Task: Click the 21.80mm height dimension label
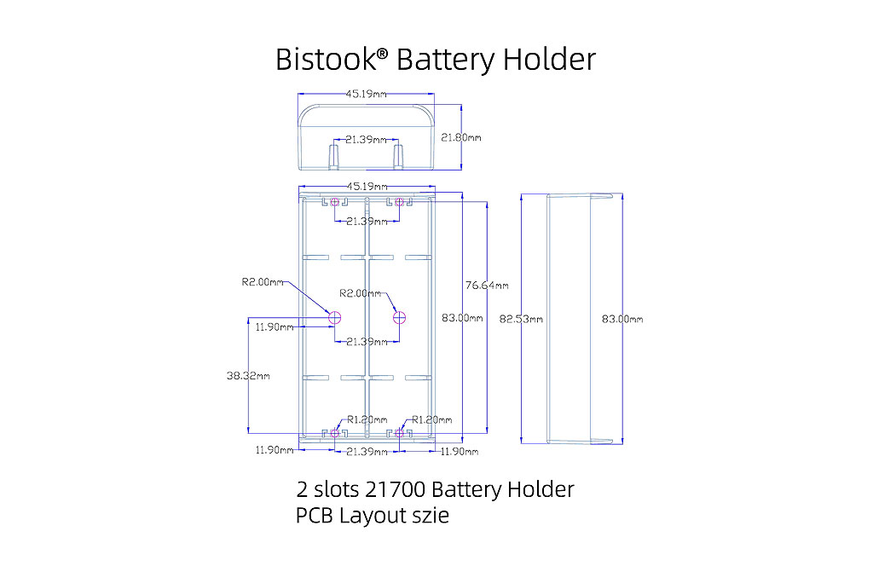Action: click(461, 137)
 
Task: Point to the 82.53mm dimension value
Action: click(521, 318)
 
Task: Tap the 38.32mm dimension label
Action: click(249, 375)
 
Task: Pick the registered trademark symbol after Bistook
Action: click(382, 54)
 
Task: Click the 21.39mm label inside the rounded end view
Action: click(365, 139)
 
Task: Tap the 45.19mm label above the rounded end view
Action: click(366, 95)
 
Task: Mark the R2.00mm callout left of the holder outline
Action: click(263, 281)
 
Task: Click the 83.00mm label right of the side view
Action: click(622, 319)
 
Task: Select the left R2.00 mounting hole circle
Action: click(335, 317)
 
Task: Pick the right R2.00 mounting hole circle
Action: click(399, 317)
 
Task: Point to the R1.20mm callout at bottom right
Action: click(431, 419)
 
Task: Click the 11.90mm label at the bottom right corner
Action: click(457, 451)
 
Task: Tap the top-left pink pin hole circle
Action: click(334, 202)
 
